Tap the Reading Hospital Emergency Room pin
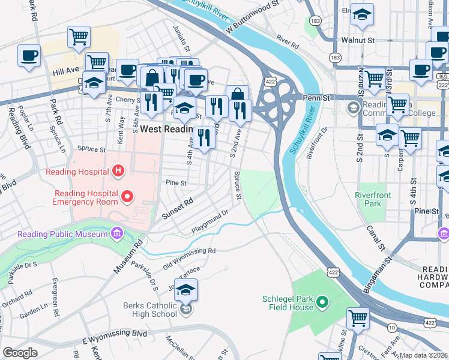[x=127, y=196]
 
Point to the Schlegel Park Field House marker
[x=322, y=301]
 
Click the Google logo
[x=20, y=353]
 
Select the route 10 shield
[x=391, y=327]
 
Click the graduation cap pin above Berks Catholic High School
[x=186, y=290]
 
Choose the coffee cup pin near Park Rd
[x=29, y=56]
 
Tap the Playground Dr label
[x=211, y=221]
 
